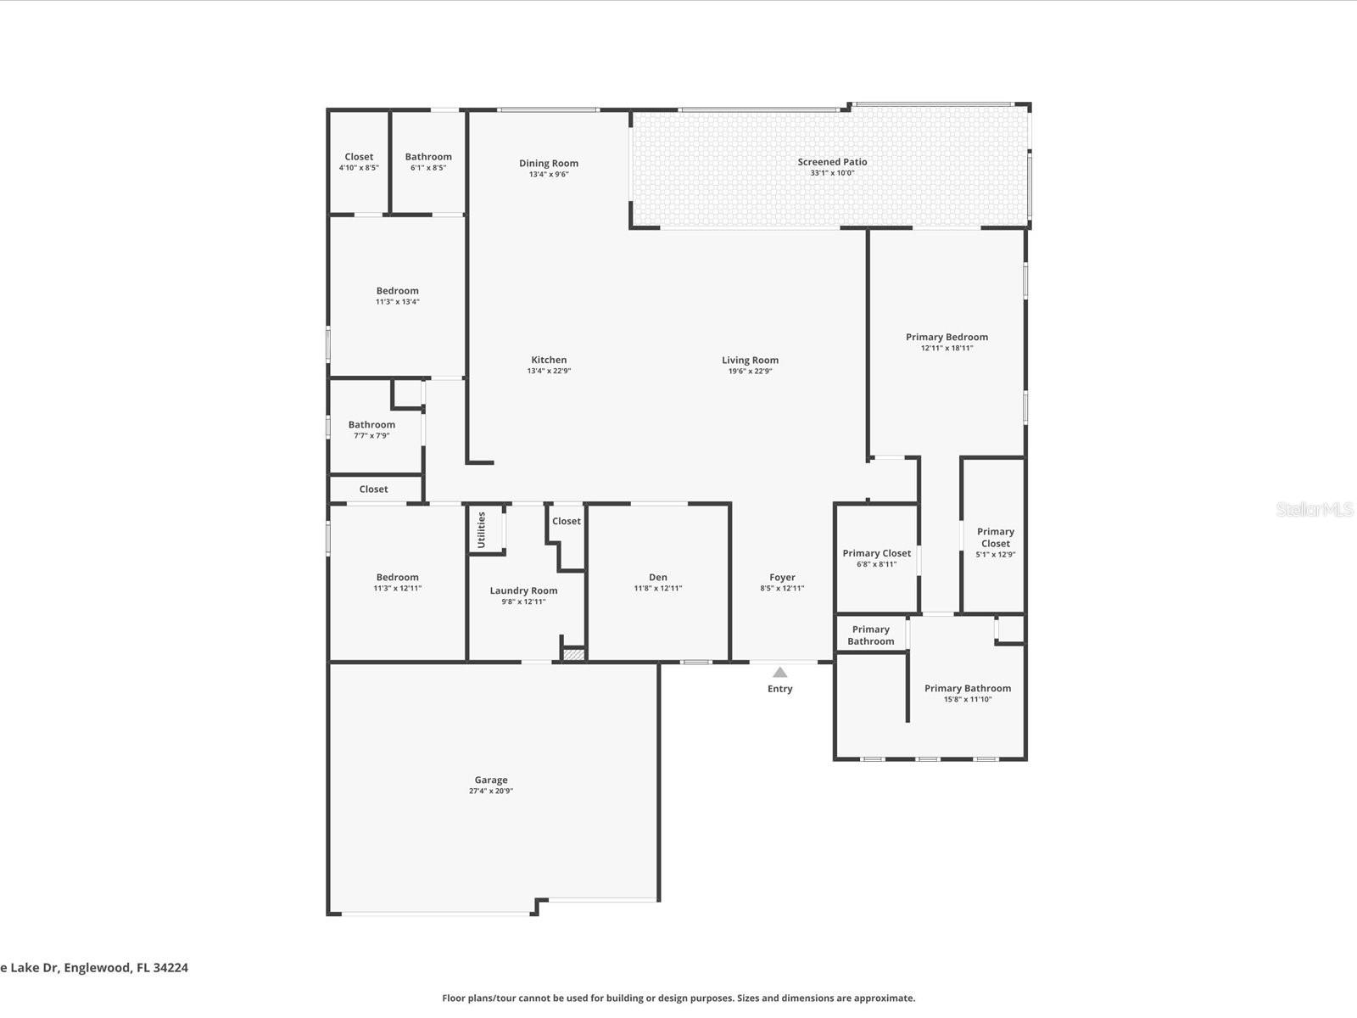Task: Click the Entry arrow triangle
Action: [x=779, y=672]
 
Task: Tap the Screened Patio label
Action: [x=831, y=162]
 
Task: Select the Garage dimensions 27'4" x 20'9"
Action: [x=491, y=791]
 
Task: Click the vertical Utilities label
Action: [x=481, y=529]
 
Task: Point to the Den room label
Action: [x=658, y=577]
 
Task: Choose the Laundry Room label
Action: [x=523, y=590]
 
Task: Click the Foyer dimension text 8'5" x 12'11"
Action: [x=782, y=588]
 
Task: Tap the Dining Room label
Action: [x=549, y=163]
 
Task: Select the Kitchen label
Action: [x=549, y=360]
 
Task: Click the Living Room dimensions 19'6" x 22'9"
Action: [x=750, y=371]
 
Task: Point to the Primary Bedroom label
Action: [x=947, y=337]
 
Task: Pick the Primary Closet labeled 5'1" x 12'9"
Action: [x=995, y=538]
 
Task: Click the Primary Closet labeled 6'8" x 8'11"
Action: [x=876, y=553]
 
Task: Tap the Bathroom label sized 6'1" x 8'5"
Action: [x=428, y=157]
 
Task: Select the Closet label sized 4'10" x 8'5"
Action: [x=359, y=157]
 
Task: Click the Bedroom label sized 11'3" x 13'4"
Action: [x=397, y=291]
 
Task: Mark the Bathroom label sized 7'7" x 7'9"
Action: [x=371, y=425]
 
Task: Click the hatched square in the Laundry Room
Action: [x=574, y=654]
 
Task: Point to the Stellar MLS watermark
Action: [x=1315, y=509]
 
